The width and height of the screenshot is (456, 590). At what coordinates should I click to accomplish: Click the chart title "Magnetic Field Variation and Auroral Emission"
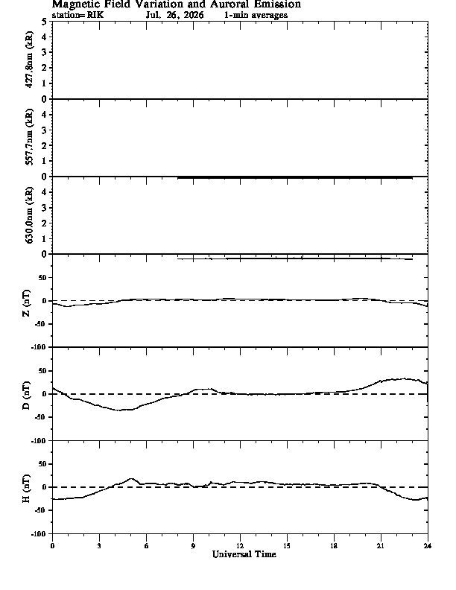pos(177,4)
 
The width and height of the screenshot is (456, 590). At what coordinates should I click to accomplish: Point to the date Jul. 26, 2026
pos(175,15)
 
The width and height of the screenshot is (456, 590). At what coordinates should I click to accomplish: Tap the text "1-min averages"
pos(256,15)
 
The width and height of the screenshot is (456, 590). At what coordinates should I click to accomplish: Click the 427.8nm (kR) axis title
pos(29,60)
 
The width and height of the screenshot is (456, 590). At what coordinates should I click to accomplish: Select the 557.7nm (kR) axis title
pos(29,137)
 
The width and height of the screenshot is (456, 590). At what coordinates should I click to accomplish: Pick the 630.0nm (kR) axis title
pos(29,215)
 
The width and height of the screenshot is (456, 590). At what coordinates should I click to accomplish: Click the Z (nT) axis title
pos(26,302)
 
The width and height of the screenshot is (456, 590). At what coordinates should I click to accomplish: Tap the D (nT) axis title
pos(26,395)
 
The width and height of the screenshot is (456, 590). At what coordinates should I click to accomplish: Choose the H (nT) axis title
pos(26,489)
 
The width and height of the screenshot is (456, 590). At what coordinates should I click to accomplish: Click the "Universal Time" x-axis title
pos(244,554)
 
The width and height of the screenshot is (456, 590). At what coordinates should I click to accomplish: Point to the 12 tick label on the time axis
pos(240,546)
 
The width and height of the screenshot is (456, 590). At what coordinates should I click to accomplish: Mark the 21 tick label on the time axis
pos(381,546)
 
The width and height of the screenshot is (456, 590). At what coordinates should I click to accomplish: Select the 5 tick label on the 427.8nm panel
pos(45,22)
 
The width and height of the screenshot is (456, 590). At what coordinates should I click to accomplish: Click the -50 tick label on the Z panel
pos(42,324)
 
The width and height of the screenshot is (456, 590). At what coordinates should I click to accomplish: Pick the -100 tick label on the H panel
pos(39,533)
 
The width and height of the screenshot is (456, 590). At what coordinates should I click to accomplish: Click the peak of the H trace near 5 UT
pos(131,478)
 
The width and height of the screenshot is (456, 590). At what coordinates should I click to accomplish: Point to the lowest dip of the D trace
pos(121,410)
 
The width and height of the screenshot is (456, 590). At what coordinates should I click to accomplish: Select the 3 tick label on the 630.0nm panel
pos(45,208)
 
